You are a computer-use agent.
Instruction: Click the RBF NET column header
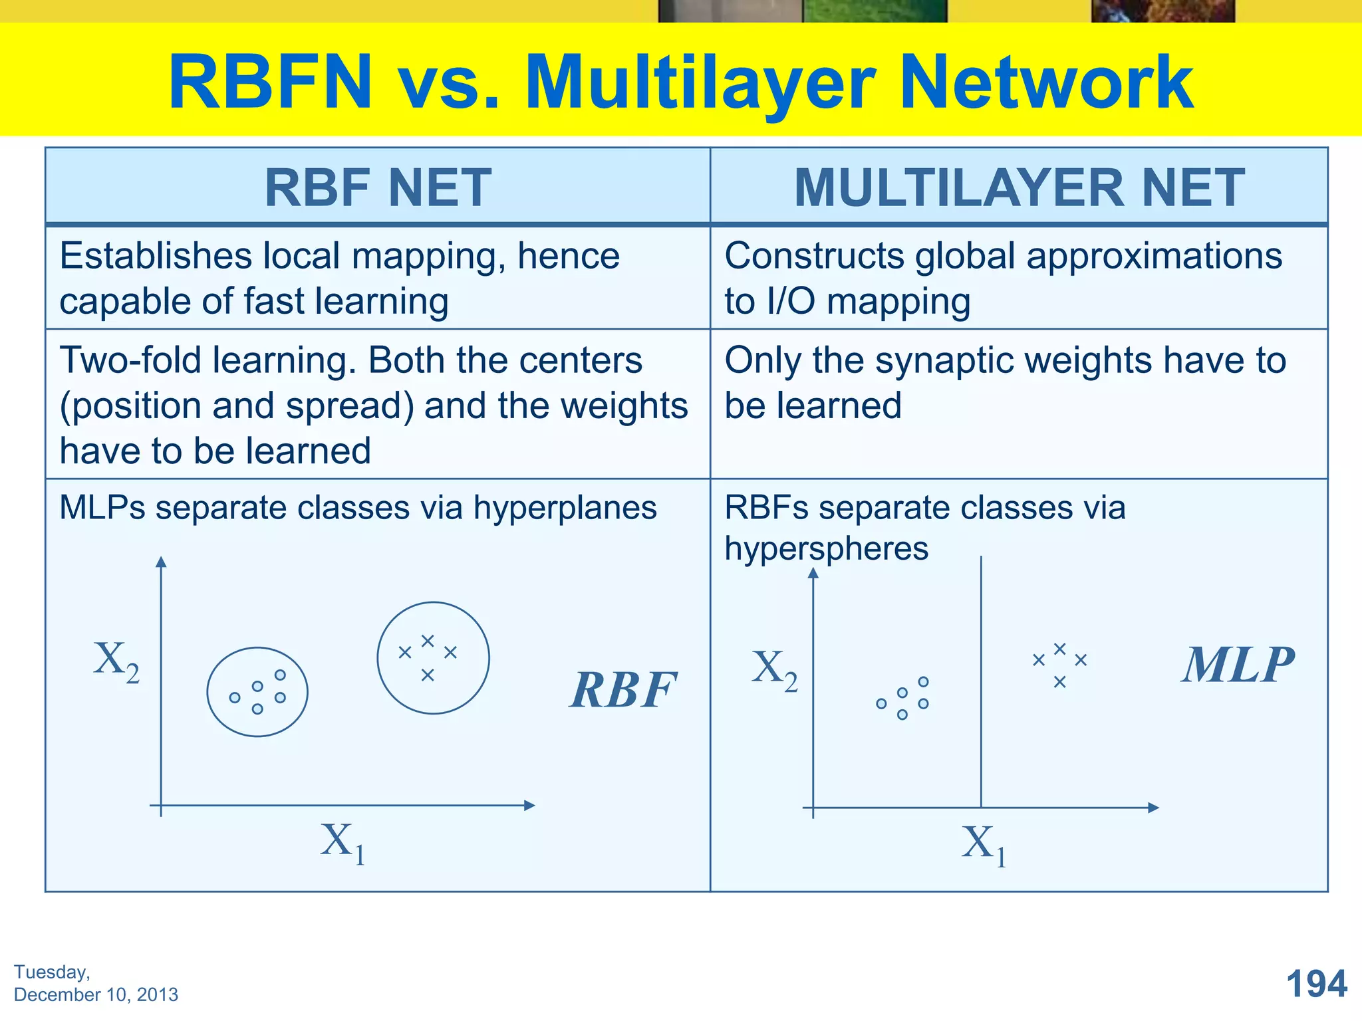[378, 188]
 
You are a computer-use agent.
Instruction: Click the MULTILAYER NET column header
[1019, 188]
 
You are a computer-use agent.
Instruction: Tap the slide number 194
[1316, 984]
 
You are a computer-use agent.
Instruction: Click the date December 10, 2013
[96, 994]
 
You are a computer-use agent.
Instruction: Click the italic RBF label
[623, 690]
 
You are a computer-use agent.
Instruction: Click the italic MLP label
[1238, 665]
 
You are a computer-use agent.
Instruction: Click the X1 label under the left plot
[342, 843]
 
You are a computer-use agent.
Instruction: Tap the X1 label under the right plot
[983, 845]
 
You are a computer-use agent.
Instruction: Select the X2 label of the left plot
[116, 661]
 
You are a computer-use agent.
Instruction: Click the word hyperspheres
[826, 549]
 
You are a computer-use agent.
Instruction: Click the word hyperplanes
[565, 508]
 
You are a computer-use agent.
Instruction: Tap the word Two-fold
[130, 361]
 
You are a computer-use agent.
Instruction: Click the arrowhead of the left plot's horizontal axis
[529, 806]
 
